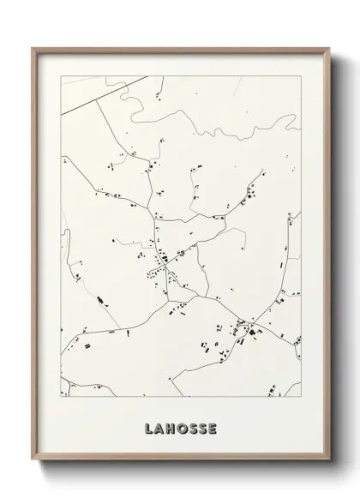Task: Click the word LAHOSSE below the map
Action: click(180, 427)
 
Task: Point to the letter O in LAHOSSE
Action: click(182, 427)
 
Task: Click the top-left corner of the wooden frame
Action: click(33, 49)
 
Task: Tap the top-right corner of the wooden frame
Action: click(327, 49)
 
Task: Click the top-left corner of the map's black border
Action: click(61, 75)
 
